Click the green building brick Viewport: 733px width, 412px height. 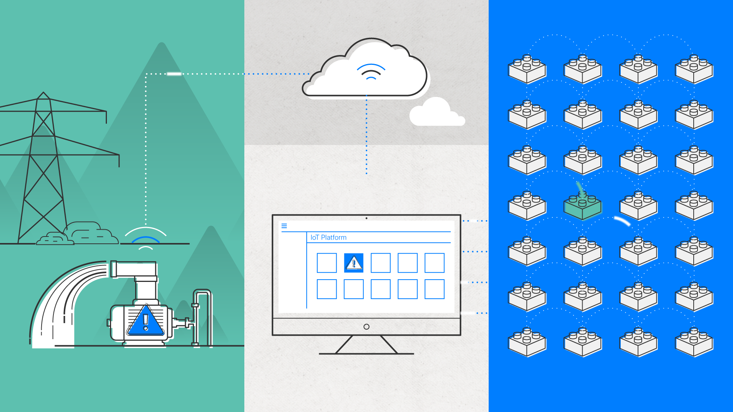pos(583,206)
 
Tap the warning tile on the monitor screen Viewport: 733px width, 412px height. pos(354,263)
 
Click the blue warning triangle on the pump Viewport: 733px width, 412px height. pos(145,321)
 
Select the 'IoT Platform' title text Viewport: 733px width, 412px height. pos(328,237)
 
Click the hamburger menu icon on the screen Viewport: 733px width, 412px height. pos(284,226)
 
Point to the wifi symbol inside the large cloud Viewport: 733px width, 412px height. pos(371,72)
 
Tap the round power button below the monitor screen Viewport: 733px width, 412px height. pos(366,327)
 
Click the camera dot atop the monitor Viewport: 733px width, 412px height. pos(366,218)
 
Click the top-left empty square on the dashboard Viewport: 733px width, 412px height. pos(327,263)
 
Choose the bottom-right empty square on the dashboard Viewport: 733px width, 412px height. pos(434,289)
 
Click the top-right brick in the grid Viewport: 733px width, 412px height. pos(694,69)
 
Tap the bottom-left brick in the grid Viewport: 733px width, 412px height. pos(527,342)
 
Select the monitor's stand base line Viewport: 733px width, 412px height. pos(366,354)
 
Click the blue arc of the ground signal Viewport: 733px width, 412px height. pos(145,240)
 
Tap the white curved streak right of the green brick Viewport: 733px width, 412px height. pos(622,221)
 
